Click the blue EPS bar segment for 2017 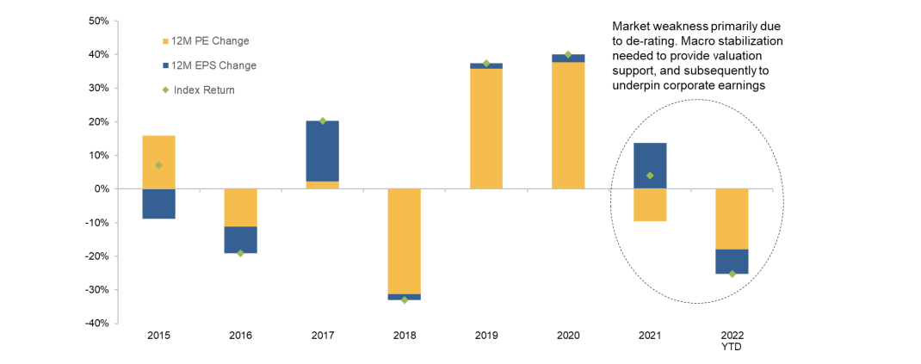pos(323,151)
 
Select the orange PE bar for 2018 pos(405,241)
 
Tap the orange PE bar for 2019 pos(486,129)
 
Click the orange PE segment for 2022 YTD pos(732,219)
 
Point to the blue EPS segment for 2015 pos(159,203)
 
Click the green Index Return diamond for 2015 pos(159,165)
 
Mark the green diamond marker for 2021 pos(650,176)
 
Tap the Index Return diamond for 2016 pos(241,253)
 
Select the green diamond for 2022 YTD pos(732,274)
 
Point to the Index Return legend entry pos(203,89)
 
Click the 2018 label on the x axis pos(405,336)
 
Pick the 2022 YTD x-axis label pos(732,341)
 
